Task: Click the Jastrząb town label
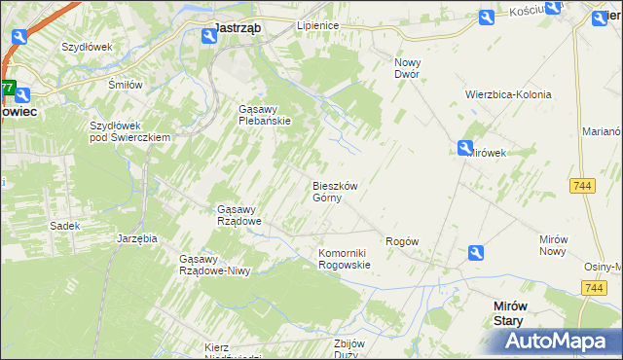point(237,28)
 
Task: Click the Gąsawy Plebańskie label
point(266,115)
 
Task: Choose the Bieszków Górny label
point(336,192)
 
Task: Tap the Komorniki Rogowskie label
point(345,259)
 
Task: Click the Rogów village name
point(402,241)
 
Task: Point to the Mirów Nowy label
point(559,245)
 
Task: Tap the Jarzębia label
point(136,237)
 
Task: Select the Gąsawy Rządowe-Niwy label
point(215,265)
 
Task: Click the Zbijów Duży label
point(348,349)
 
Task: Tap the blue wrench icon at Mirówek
point(466,148)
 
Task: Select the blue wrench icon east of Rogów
point(475,253)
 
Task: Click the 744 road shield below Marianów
point(584,186)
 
